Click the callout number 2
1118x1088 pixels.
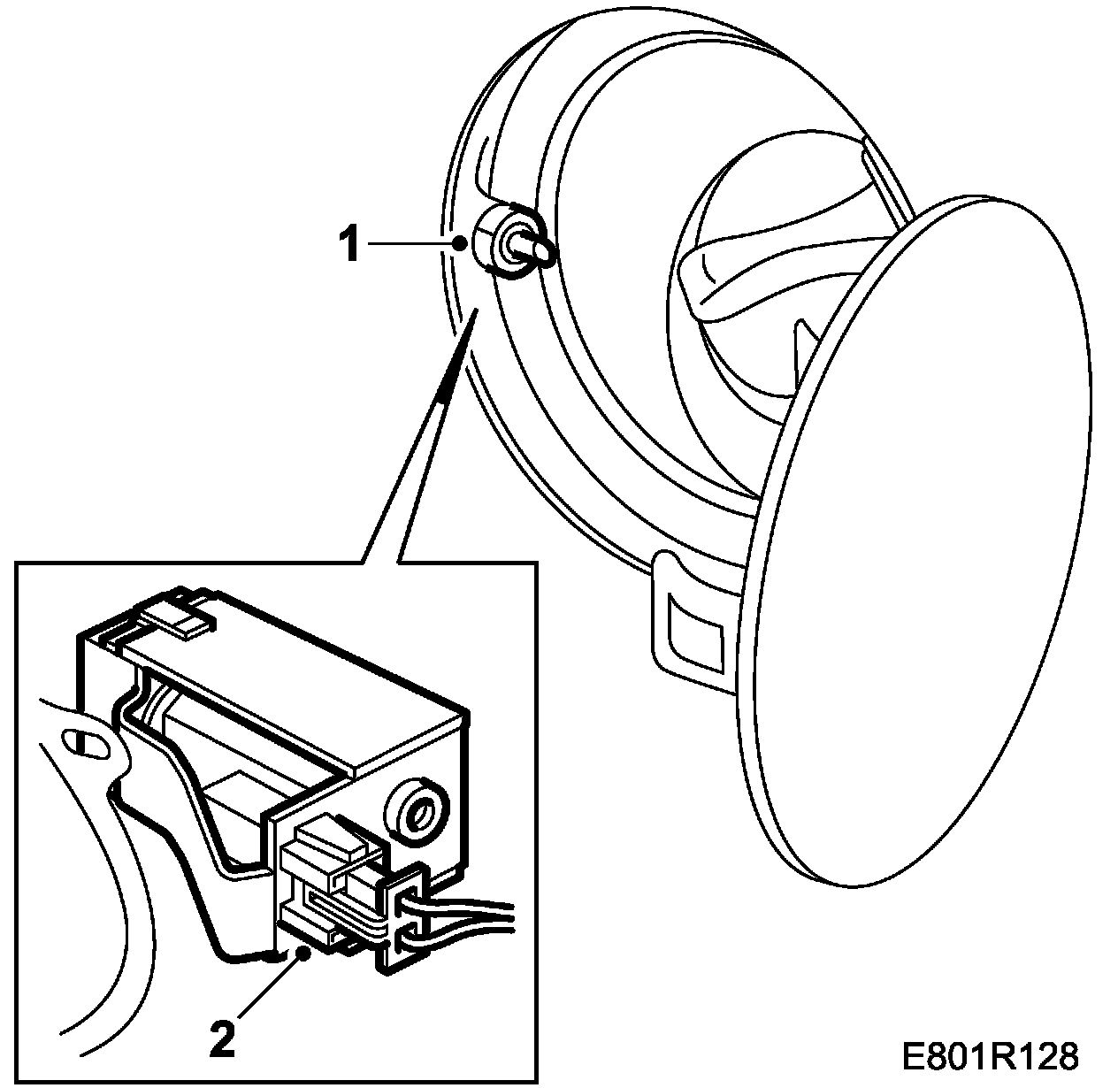point(222,1038)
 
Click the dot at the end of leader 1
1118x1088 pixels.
point(458,241)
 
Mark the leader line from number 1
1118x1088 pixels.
point(411,242)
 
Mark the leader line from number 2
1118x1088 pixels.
point(265,991)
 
